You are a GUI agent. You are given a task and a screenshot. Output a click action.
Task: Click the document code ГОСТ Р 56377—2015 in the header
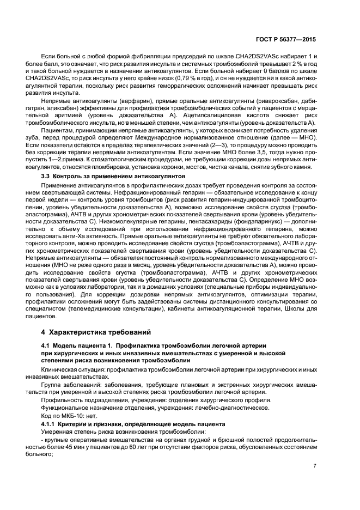pos(288,40)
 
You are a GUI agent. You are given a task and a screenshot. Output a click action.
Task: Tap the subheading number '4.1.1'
pos(50,423)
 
